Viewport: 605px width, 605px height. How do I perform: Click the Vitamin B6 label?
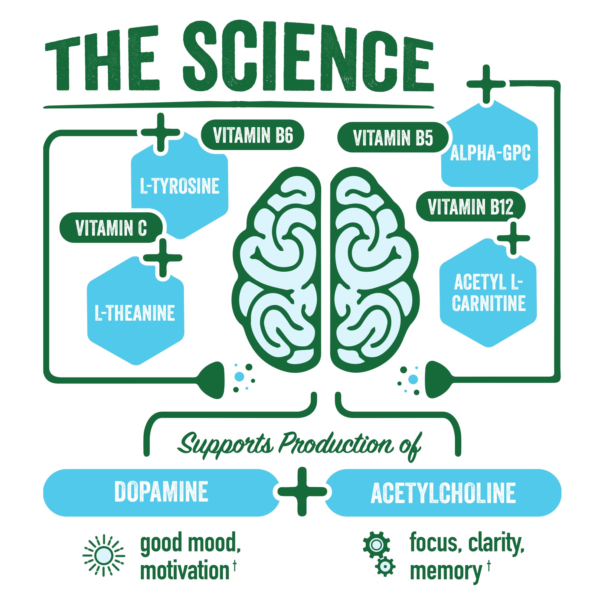point(252,135)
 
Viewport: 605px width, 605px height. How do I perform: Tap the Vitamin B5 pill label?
point(393,137)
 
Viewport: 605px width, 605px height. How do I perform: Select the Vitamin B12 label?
point(470,207)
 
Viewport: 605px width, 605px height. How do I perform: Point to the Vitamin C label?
point(111,228)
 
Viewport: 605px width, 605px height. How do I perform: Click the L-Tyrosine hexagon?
point(179,186)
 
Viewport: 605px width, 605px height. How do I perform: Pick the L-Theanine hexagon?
point(135,312)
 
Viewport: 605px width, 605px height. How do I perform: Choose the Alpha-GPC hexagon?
point(490,153)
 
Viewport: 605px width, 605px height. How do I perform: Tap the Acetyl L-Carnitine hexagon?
point(489,293)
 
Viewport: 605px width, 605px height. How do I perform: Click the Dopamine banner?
point(161,492)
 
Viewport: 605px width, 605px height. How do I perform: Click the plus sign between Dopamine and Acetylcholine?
point(302,492)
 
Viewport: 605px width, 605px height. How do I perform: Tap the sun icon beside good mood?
point(104,556)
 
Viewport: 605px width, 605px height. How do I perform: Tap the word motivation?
point(185,571)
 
